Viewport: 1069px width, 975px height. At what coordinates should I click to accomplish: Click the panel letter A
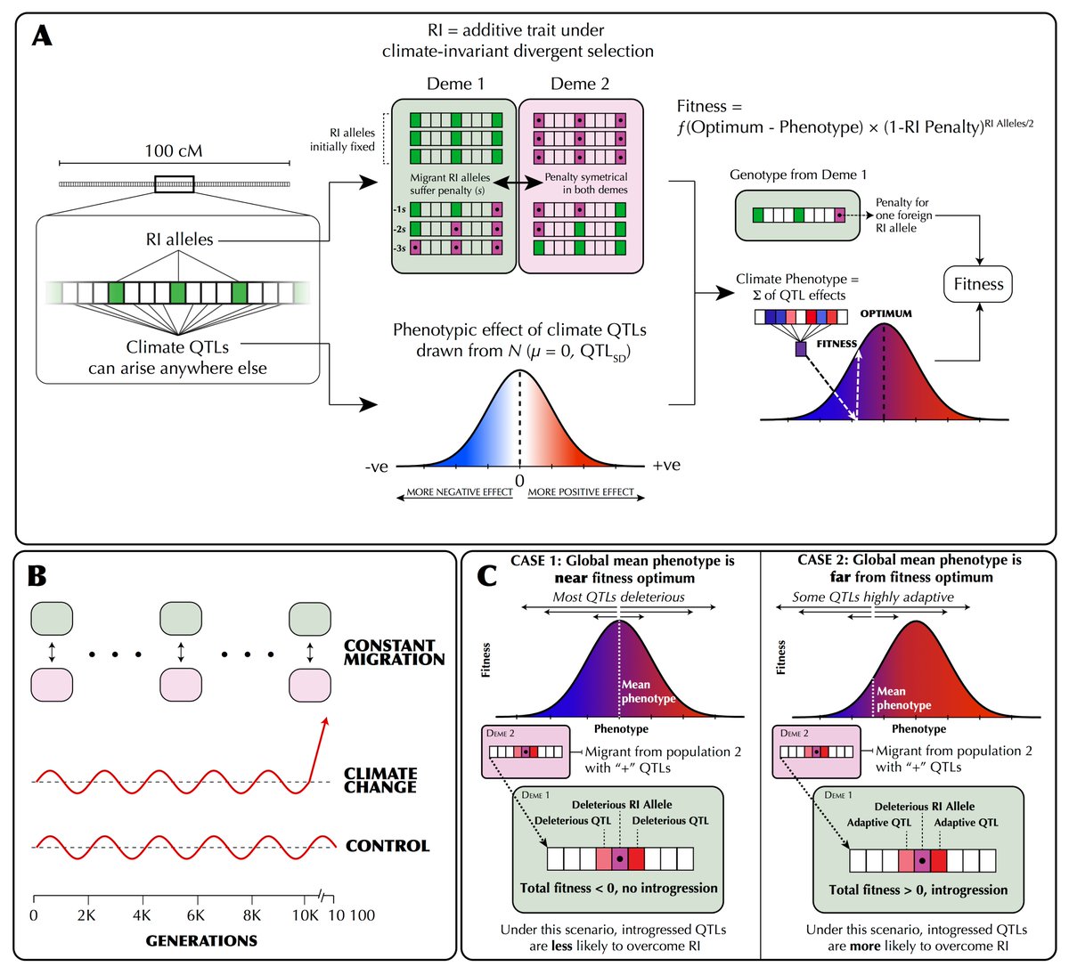[x=43, y=37]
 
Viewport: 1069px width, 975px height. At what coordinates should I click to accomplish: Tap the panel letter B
[x=37, y=576]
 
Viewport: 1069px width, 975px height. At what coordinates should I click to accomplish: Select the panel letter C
[x=487, y=576]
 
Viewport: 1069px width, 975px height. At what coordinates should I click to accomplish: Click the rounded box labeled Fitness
[x=978, y=284]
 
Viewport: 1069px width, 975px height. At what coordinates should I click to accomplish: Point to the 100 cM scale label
[x=174, y=150]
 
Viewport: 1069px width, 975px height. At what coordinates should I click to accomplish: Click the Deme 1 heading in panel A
[x=455, y=84]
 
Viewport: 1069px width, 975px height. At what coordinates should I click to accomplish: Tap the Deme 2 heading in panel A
[x=580, y=84]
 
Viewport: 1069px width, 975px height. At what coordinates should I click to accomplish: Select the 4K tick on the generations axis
[x=141, y=914]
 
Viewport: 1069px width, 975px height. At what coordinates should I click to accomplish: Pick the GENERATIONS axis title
[x=201, y=940]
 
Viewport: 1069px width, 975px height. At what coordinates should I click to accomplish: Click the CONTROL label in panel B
[x=388, y=846]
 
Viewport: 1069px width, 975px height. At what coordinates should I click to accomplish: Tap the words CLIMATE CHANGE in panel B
[x=380, y=780]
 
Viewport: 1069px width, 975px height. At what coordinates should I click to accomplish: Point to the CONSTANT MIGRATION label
[x=394, y=652]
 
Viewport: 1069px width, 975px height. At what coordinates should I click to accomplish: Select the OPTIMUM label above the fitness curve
[x=885, y=313]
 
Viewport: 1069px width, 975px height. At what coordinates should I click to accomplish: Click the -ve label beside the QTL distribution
[x=377, y=466]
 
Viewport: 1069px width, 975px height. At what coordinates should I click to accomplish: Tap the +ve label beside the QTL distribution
[x=666, y=465]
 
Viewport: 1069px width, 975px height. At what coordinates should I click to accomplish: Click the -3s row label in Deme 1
[x=401, y=248]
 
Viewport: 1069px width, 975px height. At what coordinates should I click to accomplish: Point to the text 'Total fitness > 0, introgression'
[x=918, y=890]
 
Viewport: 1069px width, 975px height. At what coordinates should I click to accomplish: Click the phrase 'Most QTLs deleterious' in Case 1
[x=618, y=597]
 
